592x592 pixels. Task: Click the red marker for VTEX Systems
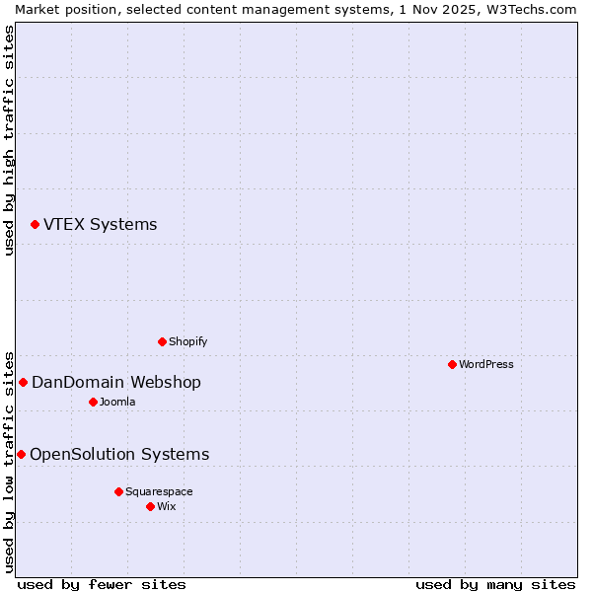point(35,225)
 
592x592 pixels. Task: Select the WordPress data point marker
point(452,364)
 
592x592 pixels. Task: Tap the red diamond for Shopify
point(162,341)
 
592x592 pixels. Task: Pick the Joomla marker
point(93,402)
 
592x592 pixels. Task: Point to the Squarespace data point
point(118,491)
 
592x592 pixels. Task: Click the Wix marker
point(150,506)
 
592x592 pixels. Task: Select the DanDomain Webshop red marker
point(23,382)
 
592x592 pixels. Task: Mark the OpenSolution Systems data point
point(21,454)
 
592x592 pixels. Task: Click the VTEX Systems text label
point(100,225)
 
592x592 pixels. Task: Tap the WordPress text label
point(486,364)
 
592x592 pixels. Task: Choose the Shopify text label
point(187,341)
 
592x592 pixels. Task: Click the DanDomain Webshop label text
point(116,382)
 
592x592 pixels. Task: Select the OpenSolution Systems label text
point(119,454)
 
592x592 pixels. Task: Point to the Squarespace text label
point(159,491)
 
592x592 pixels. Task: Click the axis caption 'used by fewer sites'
point(102,584)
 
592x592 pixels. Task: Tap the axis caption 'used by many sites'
point(495,584)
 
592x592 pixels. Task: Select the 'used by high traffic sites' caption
point(9,140)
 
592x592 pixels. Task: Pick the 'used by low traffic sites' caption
point(9,461)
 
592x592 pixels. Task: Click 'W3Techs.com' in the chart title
point(531,9)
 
